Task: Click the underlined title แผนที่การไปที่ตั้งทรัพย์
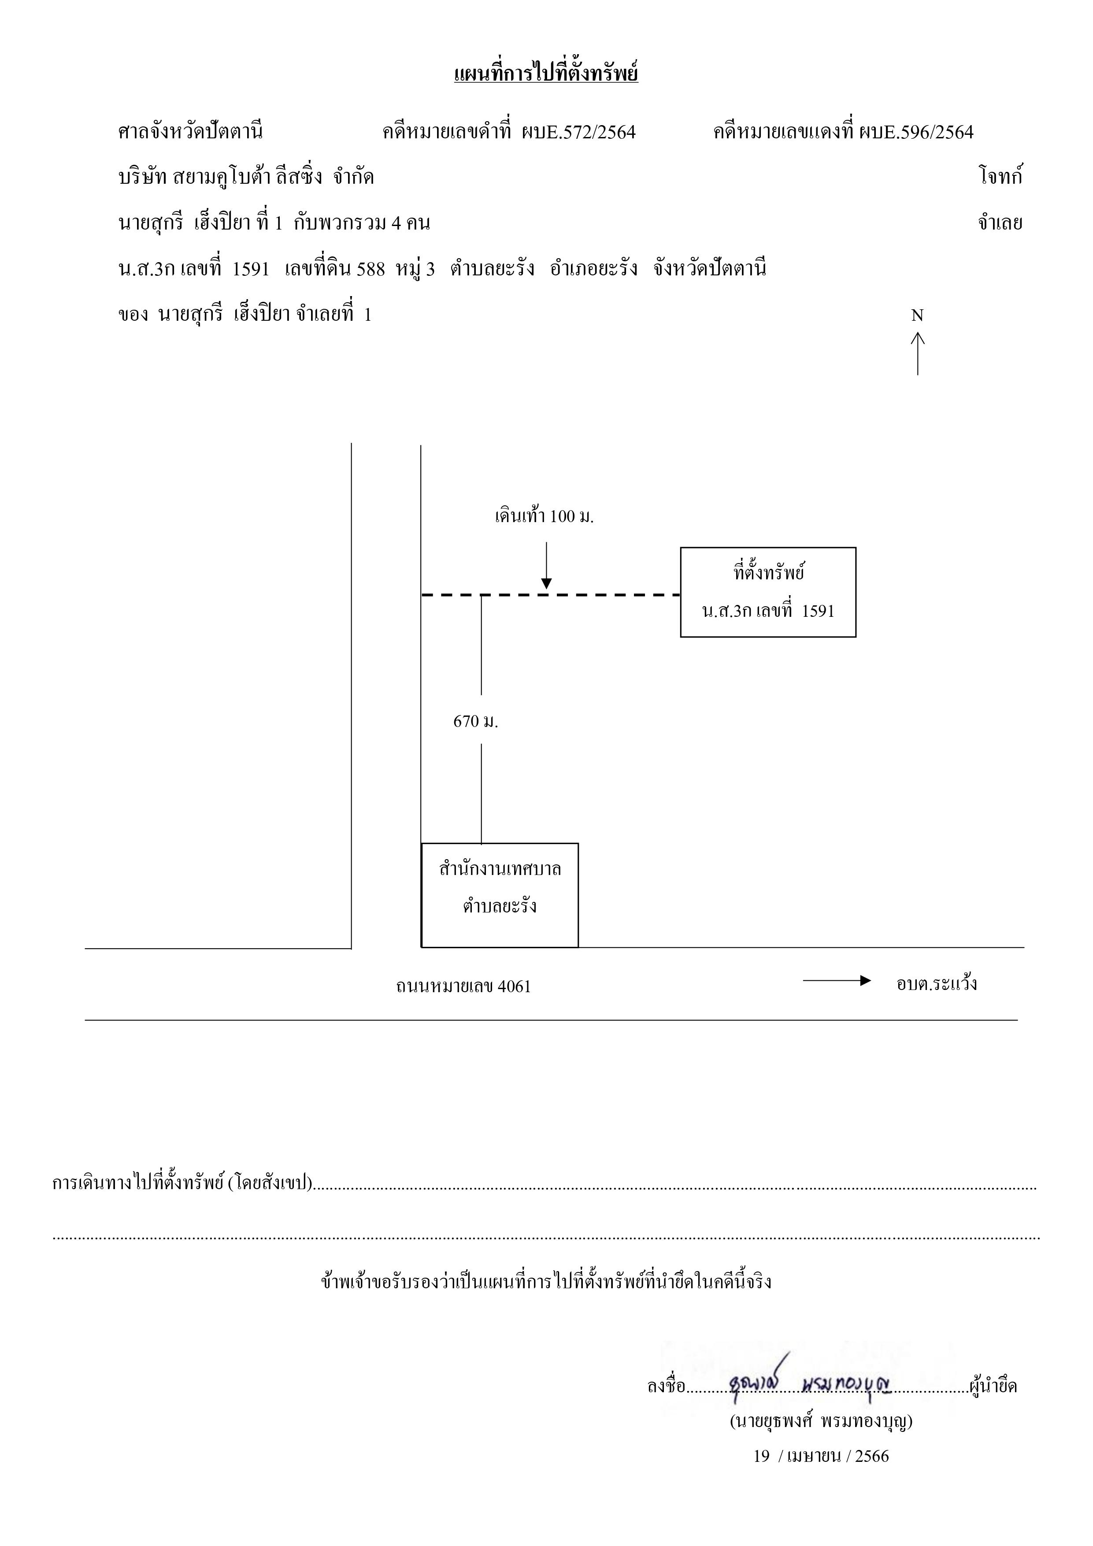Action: [x=546, y=72]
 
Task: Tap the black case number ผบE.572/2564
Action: [x=578, y=132]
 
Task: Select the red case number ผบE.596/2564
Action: [x=916, y=132]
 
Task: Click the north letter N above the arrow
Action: [x=917, y=315]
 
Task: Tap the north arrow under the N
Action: [x=917, y=353]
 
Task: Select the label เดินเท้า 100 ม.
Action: [x=544, y=517]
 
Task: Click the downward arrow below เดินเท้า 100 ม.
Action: [x=546, y=566]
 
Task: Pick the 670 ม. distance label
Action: [x=475, y=722]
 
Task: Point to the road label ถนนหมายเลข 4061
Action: [x=463, y=986]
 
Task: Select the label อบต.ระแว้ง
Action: [x=937, y=984]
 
